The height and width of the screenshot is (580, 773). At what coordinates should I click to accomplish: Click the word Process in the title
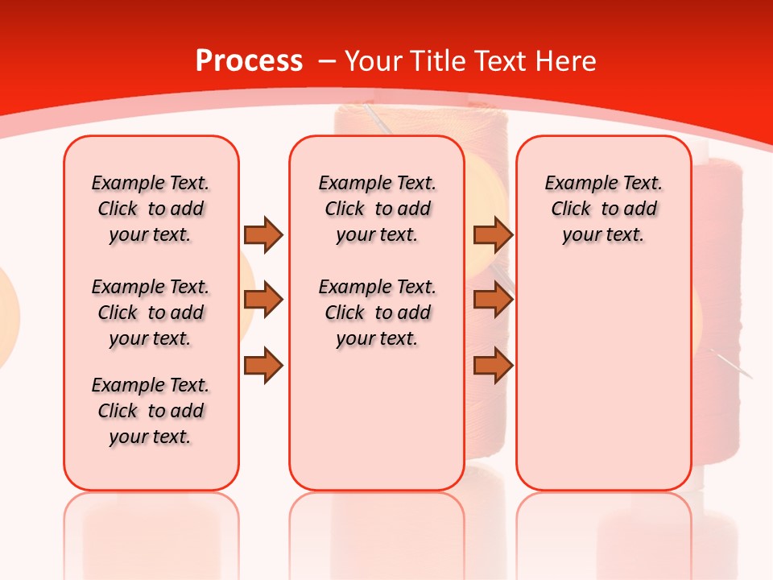point(249,61)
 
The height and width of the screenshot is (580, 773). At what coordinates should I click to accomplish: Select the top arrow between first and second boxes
point(263,234)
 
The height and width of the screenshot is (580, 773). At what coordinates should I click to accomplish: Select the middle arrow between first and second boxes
point(263,300)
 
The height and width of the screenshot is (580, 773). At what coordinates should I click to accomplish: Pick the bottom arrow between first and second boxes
point(263,365)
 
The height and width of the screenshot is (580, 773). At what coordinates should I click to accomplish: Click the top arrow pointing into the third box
point(493,234)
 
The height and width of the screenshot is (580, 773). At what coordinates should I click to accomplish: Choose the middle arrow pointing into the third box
point(493,300)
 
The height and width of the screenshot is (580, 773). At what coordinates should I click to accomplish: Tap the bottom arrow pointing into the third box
point(493,365)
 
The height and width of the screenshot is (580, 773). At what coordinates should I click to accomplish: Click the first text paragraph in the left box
point(151,209)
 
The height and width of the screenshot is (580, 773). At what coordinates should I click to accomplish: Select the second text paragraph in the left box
point(151,313)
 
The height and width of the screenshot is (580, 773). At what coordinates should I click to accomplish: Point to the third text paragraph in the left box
point(151,411)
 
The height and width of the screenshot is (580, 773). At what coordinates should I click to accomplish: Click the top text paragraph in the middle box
point(377,209)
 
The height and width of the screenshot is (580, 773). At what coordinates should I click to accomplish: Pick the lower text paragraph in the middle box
point(377,313)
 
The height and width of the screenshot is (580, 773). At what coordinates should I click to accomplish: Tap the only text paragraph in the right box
point(603,209)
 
